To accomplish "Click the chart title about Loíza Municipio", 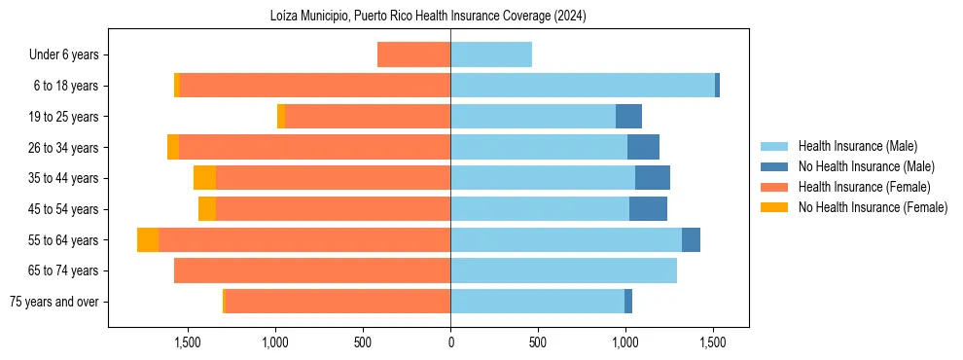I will click(x=428, y=17).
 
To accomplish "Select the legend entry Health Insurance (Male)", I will click(x=857, y=146).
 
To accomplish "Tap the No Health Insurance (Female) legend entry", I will click(x=873, y=207).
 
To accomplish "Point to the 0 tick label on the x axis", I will click(x=450, y=342).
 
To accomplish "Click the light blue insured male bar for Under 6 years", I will click(x=491, y=54).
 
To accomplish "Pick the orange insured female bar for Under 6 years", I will click(x=413, y=54).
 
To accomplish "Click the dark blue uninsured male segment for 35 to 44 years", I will click(x=653, y=178).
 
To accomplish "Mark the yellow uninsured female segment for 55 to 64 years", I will click(x=148, y=239).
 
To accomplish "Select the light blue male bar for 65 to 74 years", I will click(x=563, y=270).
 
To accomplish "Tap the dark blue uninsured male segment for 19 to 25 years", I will click(x=628, y=117).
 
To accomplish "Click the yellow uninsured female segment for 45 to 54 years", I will click(x=207, y=209).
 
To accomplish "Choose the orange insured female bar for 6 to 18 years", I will click(x=315, y=86).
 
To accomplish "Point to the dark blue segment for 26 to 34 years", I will click(x=643, y=147).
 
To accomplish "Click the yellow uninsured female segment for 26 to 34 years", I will click(x=173, y=147).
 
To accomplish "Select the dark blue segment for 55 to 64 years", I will click(x=691, y=239).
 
